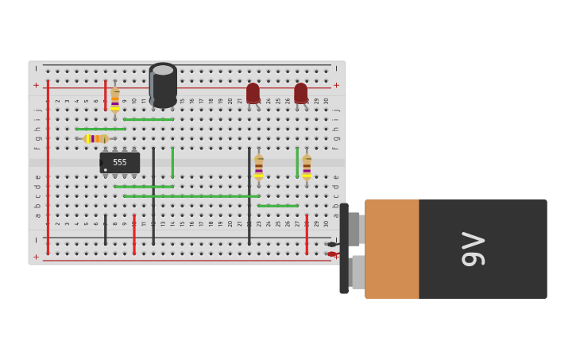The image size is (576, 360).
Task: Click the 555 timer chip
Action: click(x=120, y=162)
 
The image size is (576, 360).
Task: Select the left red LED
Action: click(x=253, y=93)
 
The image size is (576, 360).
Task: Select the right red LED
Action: click(x=300, y=93)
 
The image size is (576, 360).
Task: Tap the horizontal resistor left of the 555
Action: click(x=95, y=138)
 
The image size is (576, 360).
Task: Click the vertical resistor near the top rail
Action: click(x=115, y=99)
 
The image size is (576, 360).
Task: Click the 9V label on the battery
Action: click(x=474, y=249)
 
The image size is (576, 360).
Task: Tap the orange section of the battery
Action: click(x=392, y=249)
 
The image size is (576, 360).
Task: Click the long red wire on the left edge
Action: click(x=48, y=167)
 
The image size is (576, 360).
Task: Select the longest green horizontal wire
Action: click(x=191, y=195)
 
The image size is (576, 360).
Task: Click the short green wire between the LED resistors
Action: click(x=278, y=206)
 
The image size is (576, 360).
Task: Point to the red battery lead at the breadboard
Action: click(x=332, y=254)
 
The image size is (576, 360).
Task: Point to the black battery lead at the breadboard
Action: click(x=331, y=244)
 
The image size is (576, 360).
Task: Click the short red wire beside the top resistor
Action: click(x=105, y=94)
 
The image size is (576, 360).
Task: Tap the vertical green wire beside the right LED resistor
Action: click(x=297, y=162)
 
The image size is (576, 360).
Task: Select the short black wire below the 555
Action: click(x=105, y=229)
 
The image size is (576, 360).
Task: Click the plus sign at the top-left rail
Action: click(x=36, y=85)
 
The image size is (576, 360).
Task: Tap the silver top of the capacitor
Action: click(x=163, y=70)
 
